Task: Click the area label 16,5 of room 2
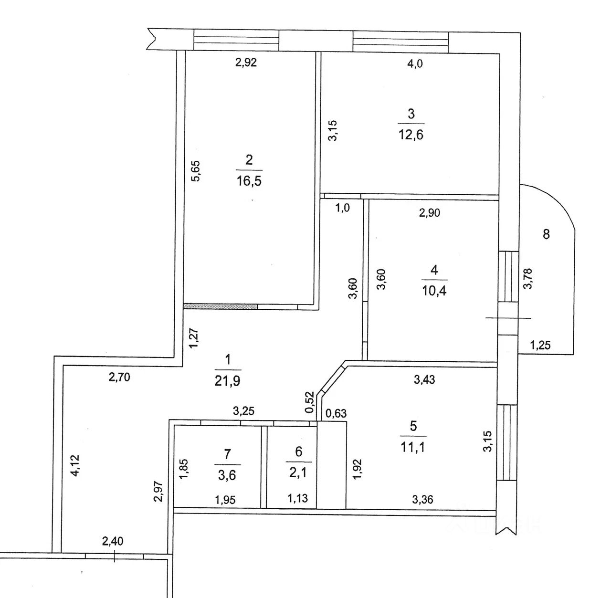pos(249,181)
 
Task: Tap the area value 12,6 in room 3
pos(411,134)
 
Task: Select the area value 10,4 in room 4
pos(434,290)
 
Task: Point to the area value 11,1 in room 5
pos(413,447)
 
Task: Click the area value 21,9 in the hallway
pos(228,380)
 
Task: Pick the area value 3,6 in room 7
pos(227,475)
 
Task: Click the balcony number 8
pos(547,234)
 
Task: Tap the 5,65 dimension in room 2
pos(196,171)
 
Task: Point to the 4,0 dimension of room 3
pos(414,64)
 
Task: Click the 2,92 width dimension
pos(246,63)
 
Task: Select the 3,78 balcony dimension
pos(528,279)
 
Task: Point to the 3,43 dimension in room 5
pos(424,380)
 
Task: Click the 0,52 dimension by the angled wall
pos(310,402)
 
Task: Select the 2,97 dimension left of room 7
pos(159,491)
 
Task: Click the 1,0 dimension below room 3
pos(343,208)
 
